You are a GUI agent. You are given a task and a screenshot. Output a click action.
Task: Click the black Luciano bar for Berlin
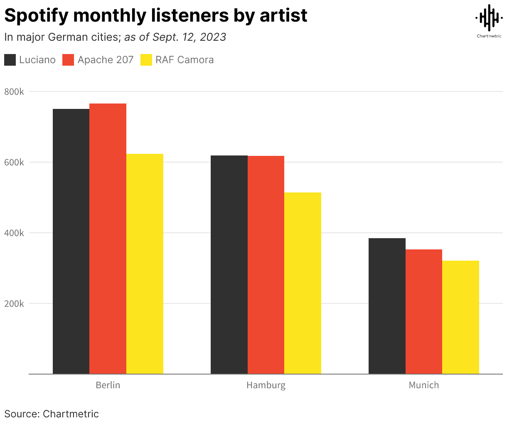pyautogui.click(x=71, y=241)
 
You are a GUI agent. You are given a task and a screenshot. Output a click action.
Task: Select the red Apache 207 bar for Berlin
pyautogui.click(x=108, y=239)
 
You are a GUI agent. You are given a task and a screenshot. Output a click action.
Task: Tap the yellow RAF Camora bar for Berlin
pyautogui.click(x=145, y=264)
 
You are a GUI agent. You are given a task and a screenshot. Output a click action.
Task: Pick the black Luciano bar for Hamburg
pyautogui.click(x=229, y=264)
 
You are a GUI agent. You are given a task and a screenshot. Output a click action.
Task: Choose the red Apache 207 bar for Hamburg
pyautogui.click(x=266, y=265)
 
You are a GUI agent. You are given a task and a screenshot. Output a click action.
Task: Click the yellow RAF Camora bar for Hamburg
pyautogui.click(x=303, y=283)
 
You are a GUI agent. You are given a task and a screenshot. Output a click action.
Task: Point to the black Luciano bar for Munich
pyautogui.click(x=387, y=306)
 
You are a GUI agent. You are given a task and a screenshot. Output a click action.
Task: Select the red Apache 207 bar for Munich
pyautogui.click(x=424, y=311)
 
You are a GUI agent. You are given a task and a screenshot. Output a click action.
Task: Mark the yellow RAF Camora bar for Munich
pyautogui.click(x=460, y=317)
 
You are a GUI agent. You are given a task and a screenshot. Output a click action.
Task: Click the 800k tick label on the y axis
pyautogui.click(x=14, y=91)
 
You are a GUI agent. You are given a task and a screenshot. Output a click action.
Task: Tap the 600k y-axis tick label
pyautogui.click(x=14, y=162)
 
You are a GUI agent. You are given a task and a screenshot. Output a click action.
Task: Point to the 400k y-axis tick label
pyautogui.click(x=14, y=233)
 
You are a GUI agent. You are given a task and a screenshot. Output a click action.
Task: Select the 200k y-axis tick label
pyautogui.click(x=14, y=303)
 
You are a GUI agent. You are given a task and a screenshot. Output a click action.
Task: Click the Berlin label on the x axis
pyautogui.click(x=108, y=385)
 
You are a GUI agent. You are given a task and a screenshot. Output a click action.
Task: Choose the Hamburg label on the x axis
pyautogui.click(x=266, y=385)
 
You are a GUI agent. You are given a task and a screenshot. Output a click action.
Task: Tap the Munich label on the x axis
pyautogui.click(x=424, y=385)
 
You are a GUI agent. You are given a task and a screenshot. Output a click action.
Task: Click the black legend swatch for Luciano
pyautogui.click(x=10, y=60)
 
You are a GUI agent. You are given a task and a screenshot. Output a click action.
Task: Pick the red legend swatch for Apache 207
pyautogui.click(x=68, y=60)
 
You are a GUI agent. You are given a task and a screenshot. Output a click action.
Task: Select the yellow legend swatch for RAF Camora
pyautogui.click(x=146, y=60)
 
